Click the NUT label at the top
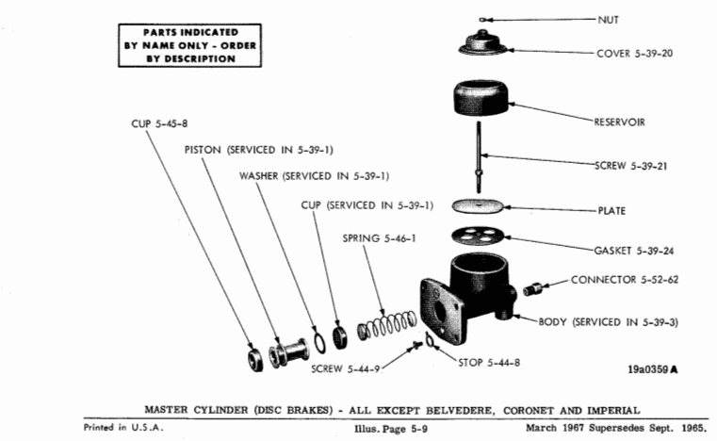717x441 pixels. point(609,18)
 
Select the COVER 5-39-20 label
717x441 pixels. point(634,53)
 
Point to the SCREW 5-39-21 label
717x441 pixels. point(634,166)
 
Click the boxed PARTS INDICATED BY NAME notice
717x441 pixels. point(189,45)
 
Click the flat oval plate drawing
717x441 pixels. point(481,205)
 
